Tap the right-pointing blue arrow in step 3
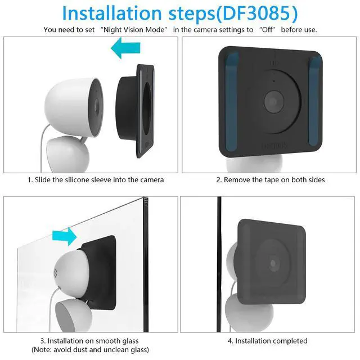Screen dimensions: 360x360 [63, 233]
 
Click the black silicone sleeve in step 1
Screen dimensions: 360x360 [135, 107]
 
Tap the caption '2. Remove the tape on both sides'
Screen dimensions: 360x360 [271, 180]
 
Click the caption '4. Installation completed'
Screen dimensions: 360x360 [267, 341]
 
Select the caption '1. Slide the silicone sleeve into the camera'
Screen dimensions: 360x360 [96, 180]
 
